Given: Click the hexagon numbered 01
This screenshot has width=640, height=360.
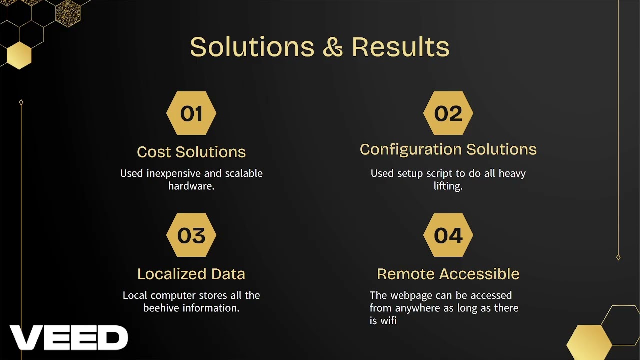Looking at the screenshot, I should [x=191, y=113].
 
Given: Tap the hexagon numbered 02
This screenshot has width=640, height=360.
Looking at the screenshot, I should [x=448, y=113].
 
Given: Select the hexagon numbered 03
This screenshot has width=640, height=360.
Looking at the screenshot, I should [x=191, y=235].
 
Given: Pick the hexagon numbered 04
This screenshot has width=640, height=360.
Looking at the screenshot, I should [x=448, y=235].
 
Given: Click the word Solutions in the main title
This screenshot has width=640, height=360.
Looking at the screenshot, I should [x=252, y=47].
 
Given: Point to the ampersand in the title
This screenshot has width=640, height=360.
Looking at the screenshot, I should [x=333, y=47].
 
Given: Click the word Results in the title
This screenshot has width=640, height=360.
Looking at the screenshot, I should [x=400, y=47].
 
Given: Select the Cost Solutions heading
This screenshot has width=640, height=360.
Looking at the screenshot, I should [x=191, y=152].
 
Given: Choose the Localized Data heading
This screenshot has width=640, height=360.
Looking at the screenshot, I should [x=191, y=274].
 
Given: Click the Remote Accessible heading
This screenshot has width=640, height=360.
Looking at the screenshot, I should [x=448, y=274].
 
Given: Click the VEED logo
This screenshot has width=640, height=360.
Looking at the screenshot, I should [x=69, y=338].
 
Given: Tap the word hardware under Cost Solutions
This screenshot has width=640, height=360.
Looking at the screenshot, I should [x=191, y=186].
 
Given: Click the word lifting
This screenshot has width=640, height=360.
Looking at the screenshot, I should [x=448, y=186].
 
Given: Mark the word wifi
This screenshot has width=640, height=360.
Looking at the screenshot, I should [x=388, y=321].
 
